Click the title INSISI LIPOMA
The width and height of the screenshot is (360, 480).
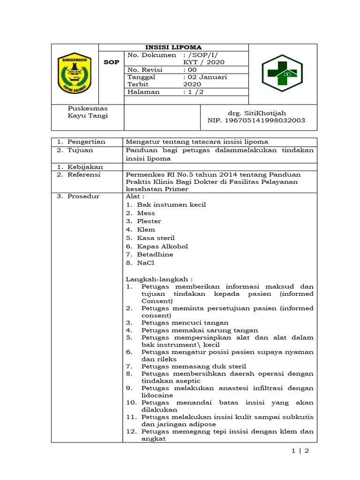(173, 47)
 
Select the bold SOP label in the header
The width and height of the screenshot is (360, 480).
(111, 62)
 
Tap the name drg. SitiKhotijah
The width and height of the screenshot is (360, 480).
(256, 113)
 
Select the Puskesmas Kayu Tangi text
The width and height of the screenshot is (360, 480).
(88, 112)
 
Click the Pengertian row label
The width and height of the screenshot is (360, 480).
(86, 142)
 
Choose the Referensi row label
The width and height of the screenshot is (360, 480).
(84, 174)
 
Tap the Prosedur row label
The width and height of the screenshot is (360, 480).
(83, 196)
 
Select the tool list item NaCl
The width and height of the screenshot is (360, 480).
(145, 262)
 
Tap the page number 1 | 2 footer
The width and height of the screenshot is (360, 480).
(300, 451)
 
